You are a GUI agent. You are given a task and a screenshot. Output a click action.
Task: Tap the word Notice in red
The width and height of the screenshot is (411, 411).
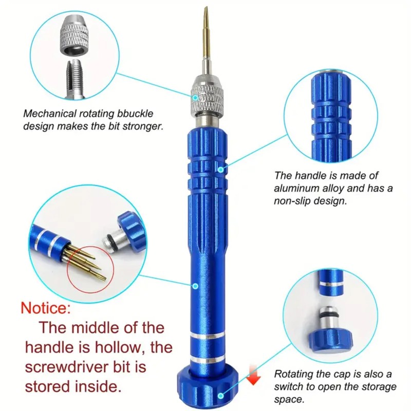(x=44, y=309)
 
